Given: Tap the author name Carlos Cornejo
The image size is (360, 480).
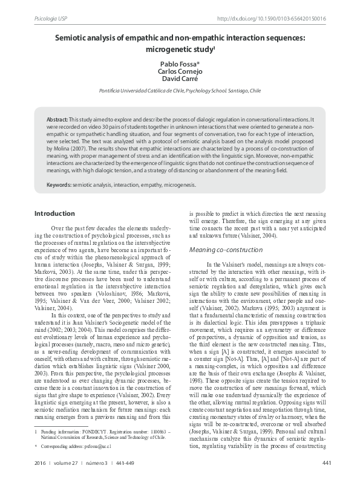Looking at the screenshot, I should [x=180, y=71].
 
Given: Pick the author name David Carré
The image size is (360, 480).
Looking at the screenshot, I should [x=180, y=79].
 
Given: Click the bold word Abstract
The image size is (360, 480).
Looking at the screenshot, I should [x=57, y=120].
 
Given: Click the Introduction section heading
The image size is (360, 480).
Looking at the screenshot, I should [x=54, y=213].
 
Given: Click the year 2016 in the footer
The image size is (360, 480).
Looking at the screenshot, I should [x=41, y=464].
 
